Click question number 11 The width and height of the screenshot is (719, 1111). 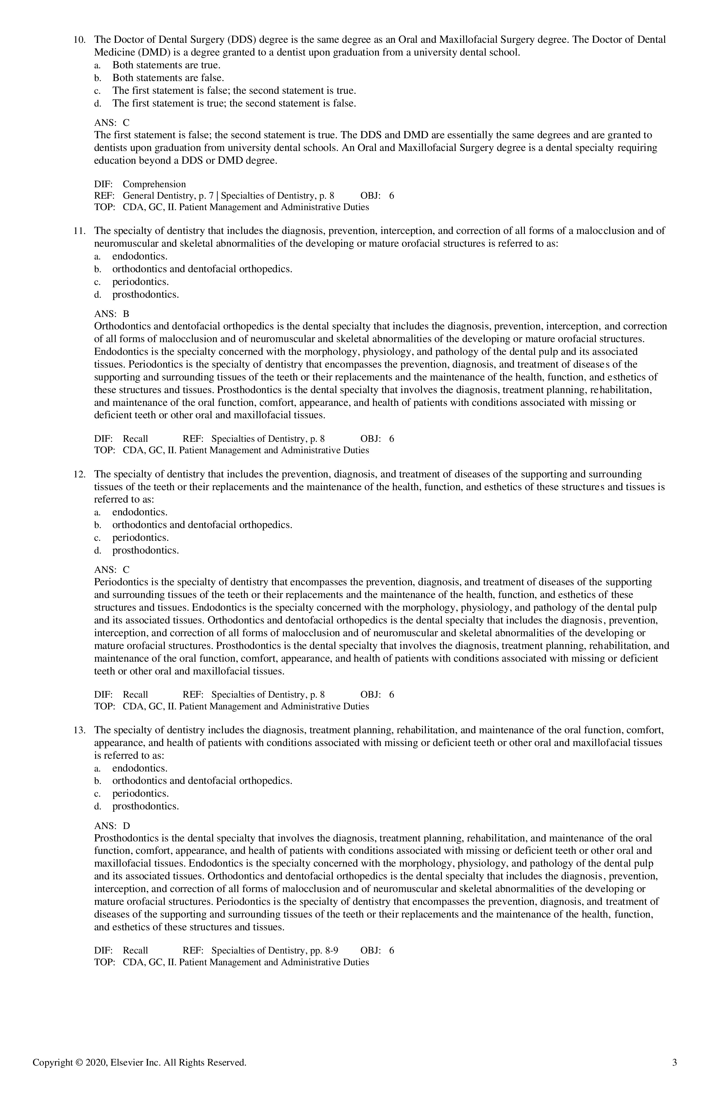(x=79, y=231)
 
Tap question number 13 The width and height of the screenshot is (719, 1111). (x=79, y=730)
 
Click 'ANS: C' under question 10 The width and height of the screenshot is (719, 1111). (x=112, y=123)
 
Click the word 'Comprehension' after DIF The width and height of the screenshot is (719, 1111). (x=154, y=184)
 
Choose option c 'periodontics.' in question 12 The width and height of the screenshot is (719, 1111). (x=140, y=538)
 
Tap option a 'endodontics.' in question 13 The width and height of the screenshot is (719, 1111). (x=140, y=768)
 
